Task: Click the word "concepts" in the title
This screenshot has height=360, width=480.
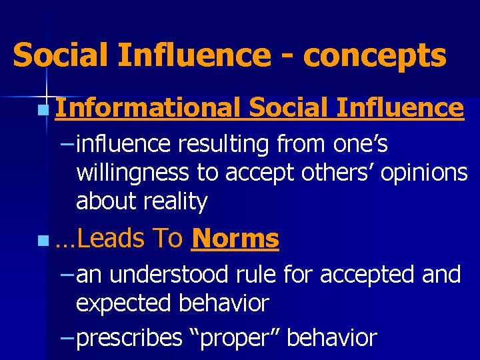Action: click(374, 56)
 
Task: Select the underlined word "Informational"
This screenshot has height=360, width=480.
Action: click(148, 107)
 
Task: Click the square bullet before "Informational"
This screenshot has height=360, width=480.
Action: click(43, 109)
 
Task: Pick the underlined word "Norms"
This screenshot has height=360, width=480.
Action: click(235, 238)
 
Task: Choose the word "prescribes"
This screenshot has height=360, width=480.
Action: click(129, 338)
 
